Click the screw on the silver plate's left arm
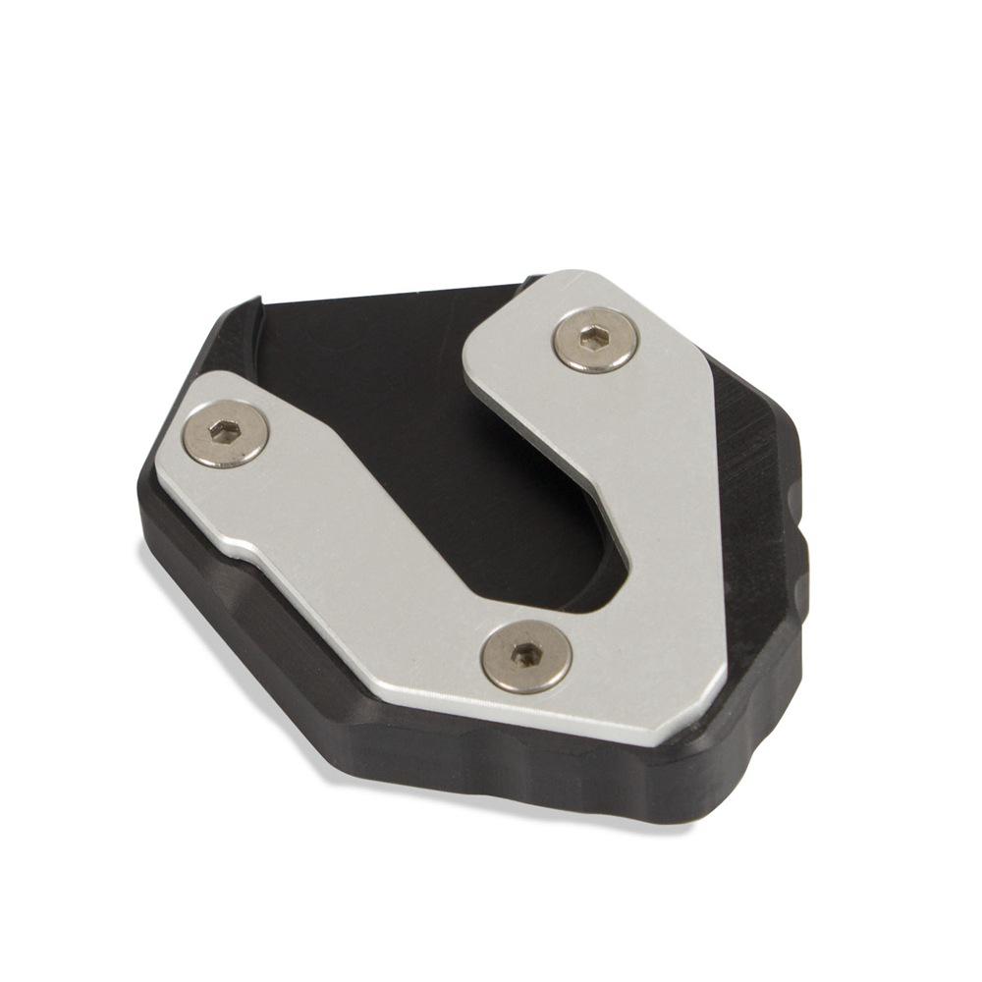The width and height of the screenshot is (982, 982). click(x=227, y=434)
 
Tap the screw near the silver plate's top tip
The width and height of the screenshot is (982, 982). click(x=596, y=340)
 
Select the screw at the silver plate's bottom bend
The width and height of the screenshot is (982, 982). click(x=527, y=656)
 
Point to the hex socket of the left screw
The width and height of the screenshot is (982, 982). click(x=227, y=432)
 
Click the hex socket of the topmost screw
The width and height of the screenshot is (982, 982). click(x=596, y=339)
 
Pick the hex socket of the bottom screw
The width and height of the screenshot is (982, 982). click(x=527, y=655)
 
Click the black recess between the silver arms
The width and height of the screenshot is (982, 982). click(x=412, y=412)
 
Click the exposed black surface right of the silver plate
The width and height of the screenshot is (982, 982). click(x=756, y=462)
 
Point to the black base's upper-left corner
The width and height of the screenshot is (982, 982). click(x=257, y=300)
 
